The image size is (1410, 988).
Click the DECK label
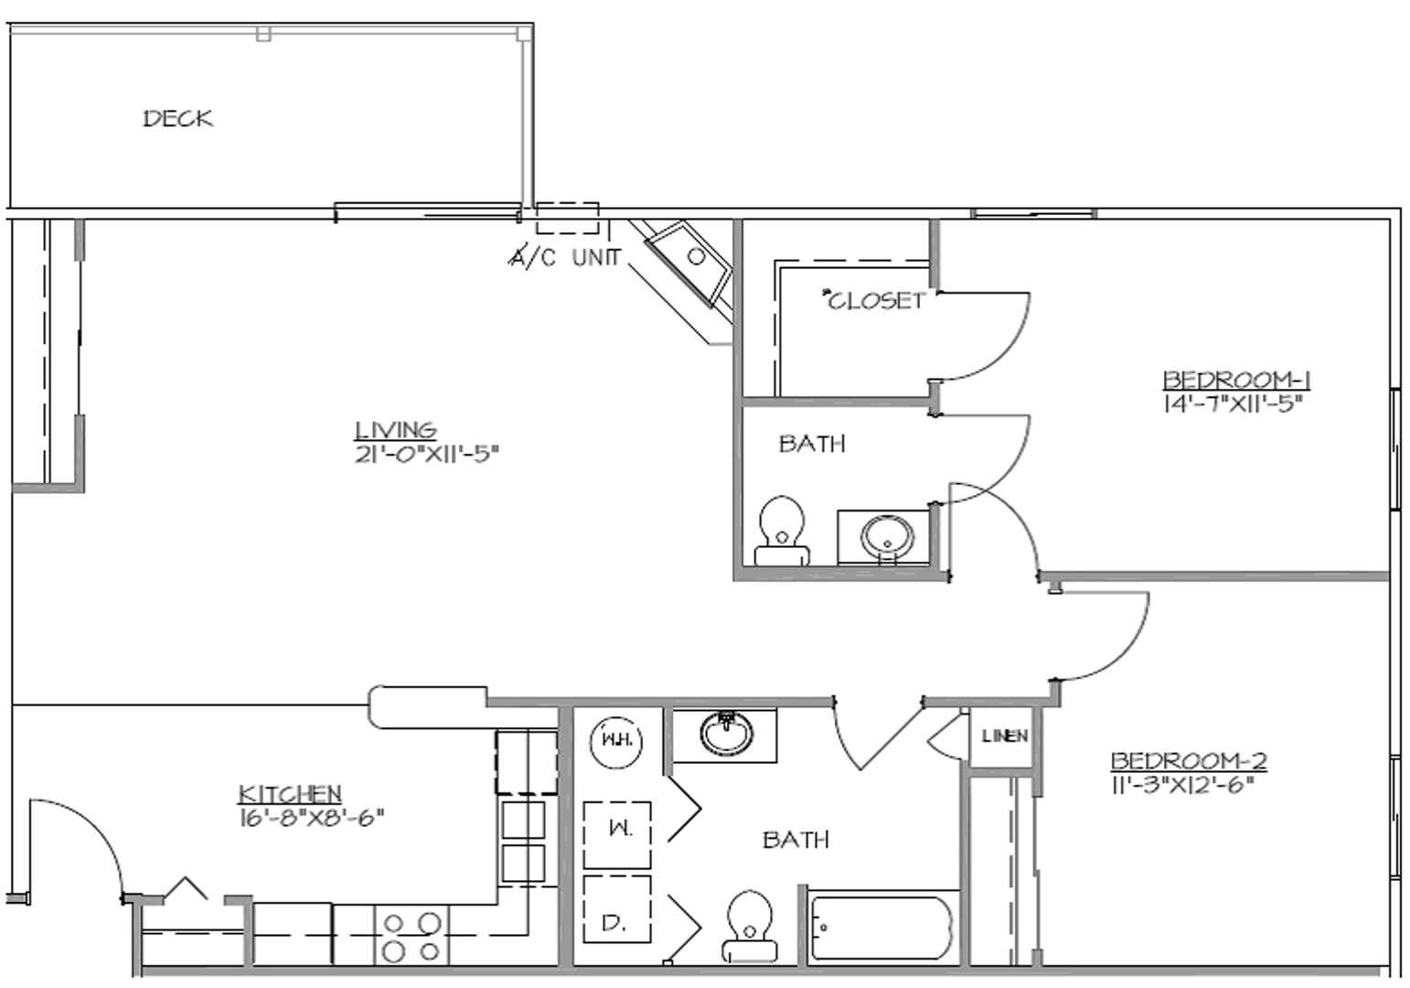click(177, 118)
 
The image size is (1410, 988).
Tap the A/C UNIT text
click(564, 258)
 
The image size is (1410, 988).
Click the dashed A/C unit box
click(567, 219)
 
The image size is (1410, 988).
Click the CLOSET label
click(875, 300)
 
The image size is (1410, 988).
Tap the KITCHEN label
click(290, 793)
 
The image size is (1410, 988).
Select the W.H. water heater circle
click(617, 738)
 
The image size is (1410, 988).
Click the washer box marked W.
click(617, 833)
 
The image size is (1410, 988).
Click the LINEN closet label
click(1004, 736)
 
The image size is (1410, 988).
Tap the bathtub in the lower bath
click(881, 928)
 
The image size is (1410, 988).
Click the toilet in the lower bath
click(749, 924)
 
